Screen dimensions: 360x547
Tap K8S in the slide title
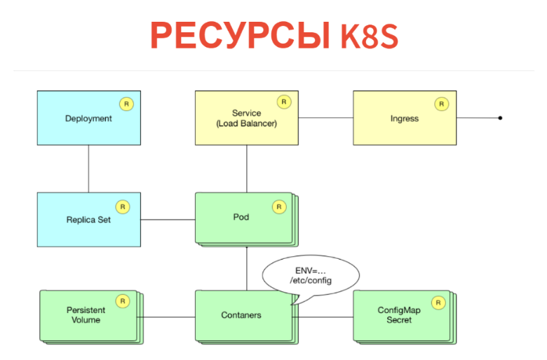[x=370, y=36]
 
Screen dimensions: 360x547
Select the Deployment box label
[x=88, y=119]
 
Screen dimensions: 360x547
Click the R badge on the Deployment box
[x=126, y=104]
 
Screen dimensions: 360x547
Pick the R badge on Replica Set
[x=123, y=207]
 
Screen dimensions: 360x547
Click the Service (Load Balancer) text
[x=246, y=119]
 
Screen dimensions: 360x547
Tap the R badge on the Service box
[x=284, y=102]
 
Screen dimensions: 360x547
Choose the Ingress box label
[x=404, y=119]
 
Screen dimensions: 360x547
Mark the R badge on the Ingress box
[x=442, y=104]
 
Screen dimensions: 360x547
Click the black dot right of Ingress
[x=500, y=118]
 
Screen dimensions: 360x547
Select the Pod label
[x=241, y=217]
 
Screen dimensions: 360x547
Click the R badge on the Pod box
[x=279, y=207]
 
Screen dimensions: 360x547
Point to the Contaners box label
[x=241, y=315]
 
